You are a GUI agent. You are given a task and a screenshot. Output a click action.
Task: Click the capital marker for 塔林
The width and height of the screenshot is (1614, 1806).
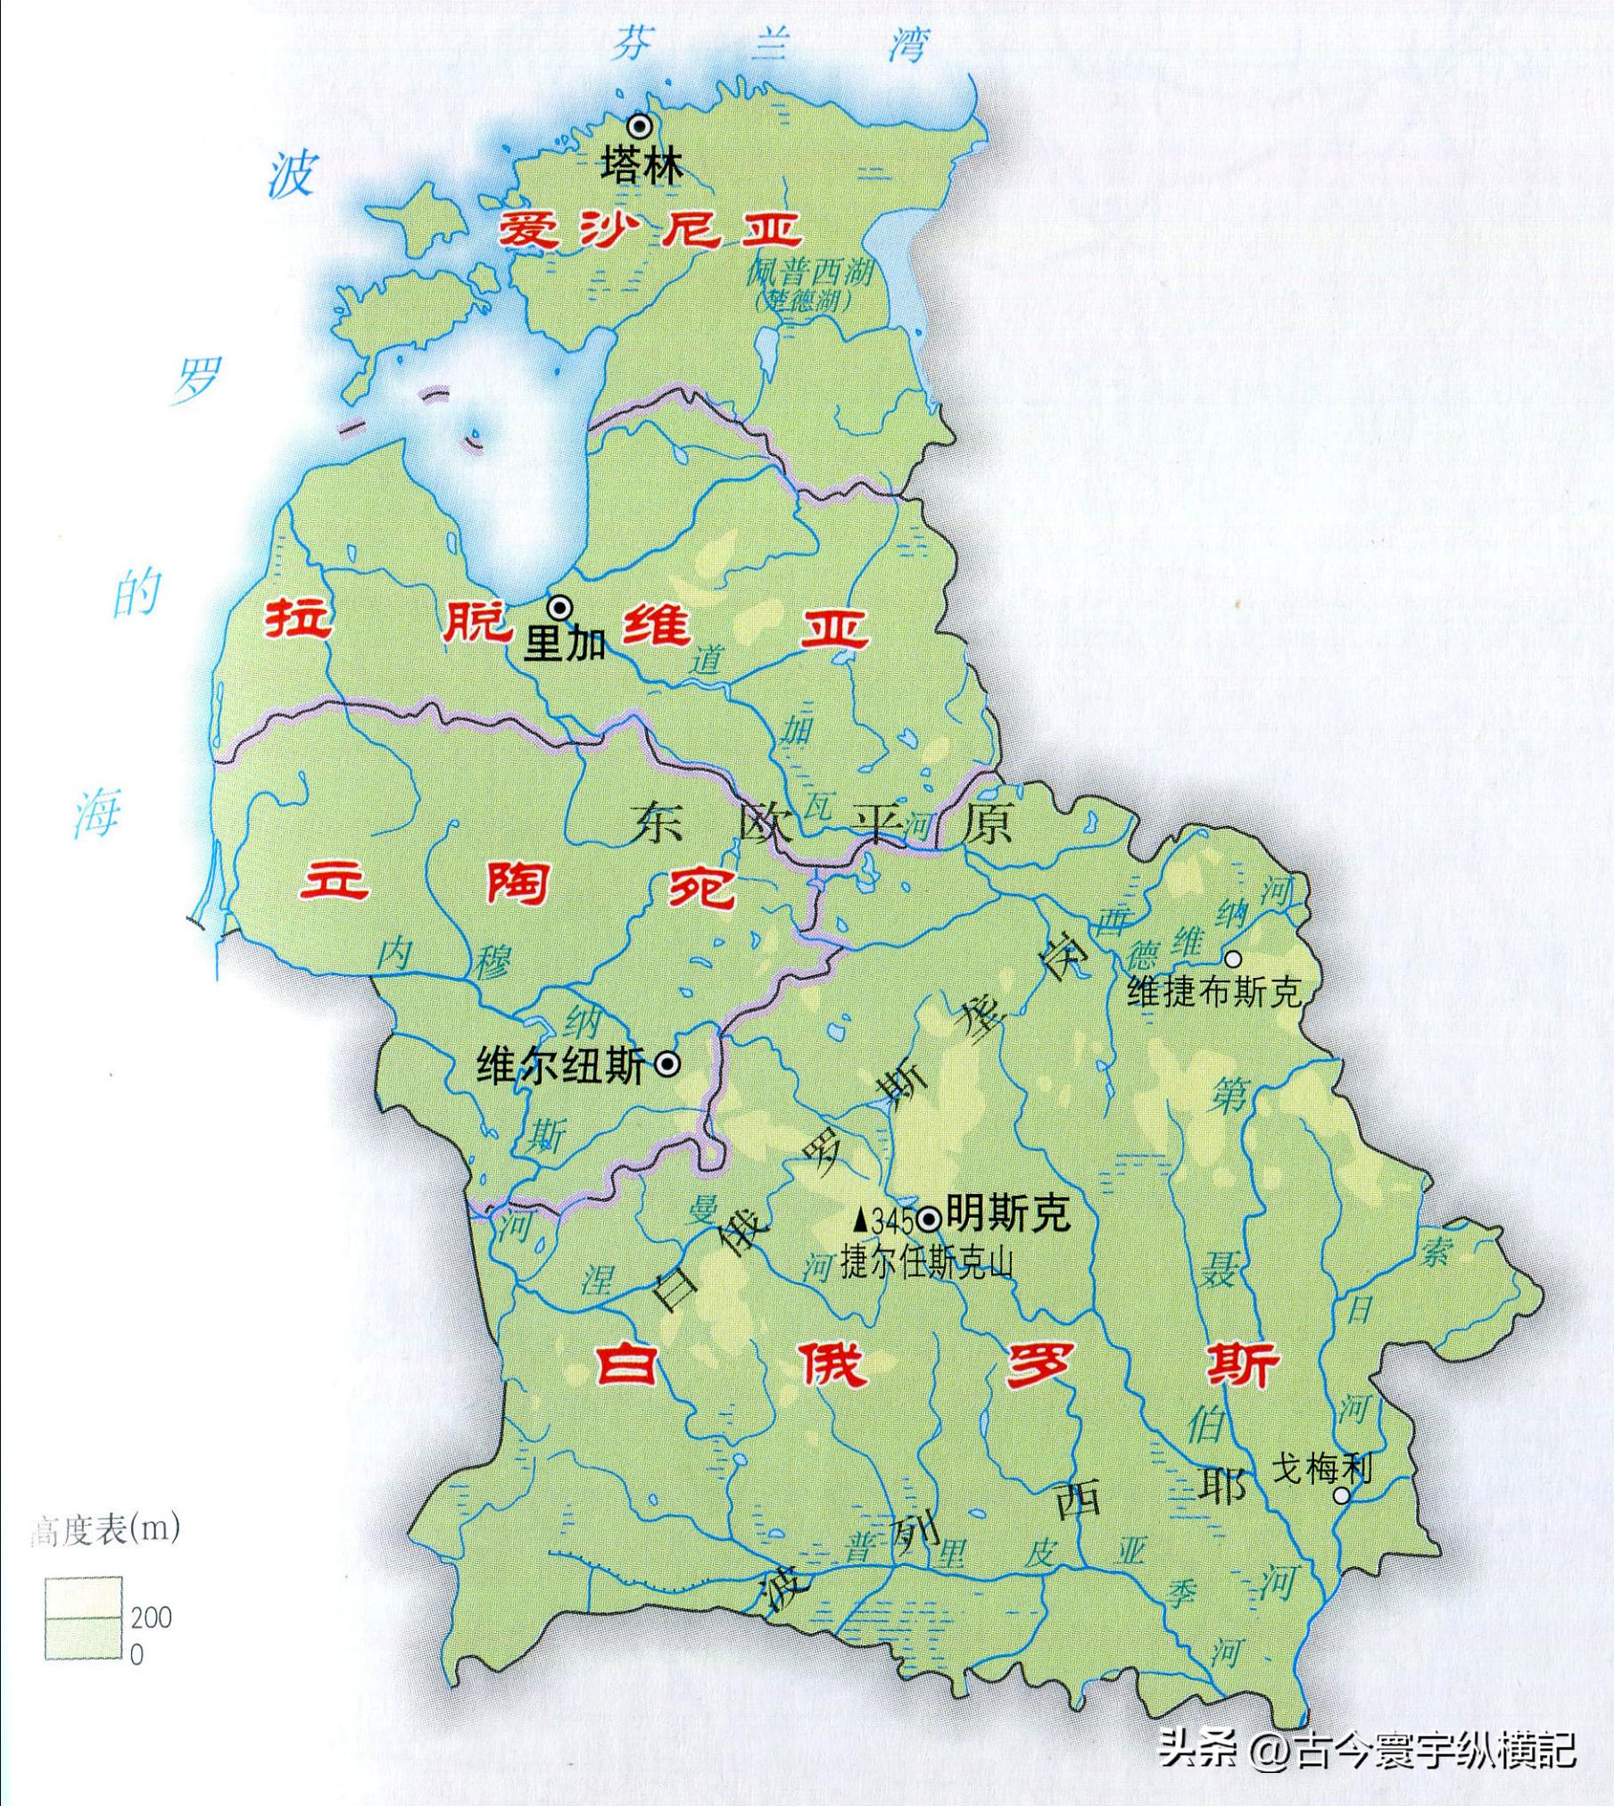[x=639, y=127]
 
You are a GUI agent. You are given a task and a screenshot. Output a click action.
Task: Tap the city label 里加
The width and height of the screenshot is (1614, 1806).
[x=564, y=643]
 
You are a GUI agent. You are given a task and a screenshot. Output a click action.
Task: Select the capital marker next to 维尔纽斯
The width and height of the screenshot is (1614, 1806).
[x=667, y=1064]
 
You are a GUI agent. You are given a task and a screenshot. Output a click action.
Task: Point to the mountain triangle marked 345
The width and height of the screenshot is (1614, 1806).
[x=860, y=1219]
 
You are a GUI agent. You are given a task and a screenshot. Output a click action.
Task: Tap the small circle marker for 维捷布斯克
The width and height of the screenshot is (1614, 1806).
[x=1232, y=959]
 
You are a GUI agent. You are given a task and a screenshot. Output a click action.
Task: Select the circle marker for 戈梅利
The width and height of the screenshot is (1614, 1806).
[x=1341, y=1495]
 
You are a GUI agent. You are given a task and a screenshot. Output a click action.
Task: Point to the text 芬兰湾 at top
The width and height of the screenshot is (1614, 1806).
[x=769, y=45]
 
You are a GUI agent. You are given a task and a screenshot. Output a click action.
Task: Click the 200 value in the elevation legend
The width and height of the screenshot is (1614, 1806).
[x=151, y=1617]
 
